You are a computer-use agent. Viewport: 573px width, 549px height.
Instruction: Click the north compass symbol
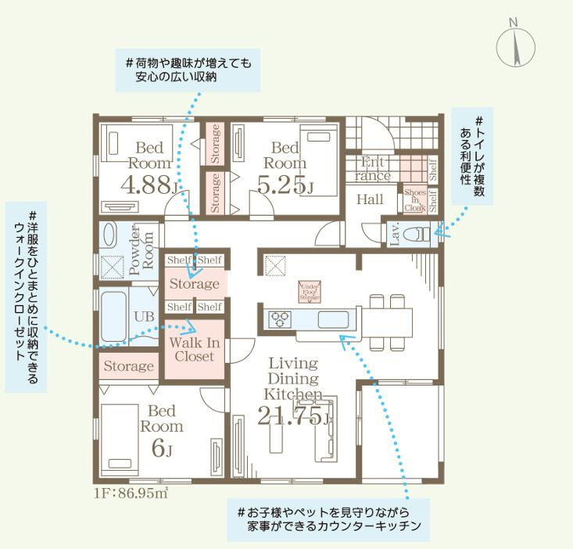[515, 45]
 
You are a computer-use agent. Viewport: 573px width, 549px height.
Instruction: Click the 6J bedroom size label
[160, 450]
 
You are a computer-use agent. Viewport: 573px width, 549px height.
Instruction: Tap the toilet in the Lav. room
[420, 232]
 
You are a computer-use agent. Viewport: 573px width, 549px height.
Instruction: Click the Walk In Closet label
[194, 350]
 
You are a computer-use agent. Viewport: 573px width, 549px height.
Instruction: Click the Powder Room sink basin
[109, 235]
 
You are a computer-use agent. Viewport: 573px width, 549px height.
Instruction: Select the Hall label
[370, 200]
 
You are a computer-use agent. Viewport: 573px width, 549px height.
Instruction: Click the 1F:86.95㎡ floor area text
[131, 493]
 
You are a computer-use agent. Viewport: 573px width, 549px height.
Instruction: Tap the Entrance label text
[373, 169]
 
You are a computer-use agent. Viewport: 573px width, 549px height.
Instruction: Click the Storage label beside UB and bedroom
[128, 366]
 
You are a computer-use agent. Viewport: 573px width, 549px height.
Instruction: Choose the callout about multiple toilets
[474, 156]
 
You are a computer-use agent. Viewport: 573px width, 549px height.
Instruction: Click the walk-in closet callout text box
[27, 297]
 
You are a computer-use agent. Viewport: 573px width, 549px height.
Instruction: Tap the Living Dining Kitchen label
[292, 379]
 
